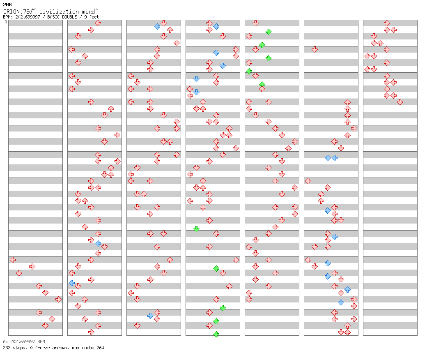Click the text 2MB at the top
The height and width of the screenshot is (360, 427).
pos(7,5)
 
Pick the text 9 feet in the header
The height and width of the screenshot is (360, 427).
pos(92,17)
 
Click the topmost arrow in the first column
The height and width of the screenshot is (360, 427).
pos(13,260)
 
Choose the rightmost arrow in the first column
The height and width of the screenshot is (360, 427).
pos(58,300)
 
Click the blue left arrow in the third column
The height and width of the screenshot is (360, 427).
pos(157,26)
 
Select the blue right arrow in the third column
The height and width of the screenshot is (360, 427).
pos(150,316)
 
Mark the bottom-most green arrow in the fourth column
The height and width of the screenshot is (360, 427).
pos(216,334)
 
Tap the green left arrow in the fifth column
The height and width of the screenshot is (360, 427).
pos(249,72)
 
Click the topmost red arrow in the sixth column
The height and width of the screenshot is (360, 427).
pos(315,49)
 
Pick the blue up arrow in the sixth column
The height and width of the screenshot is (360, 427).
pos(347,289)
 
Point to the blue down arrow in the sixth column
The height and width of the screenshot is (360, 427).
pos(341,302)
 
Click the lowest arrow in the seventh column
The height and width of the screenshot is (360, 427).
pos(400,102)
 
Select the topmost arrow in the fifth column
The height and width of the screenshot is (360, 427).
pos(255,23)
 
